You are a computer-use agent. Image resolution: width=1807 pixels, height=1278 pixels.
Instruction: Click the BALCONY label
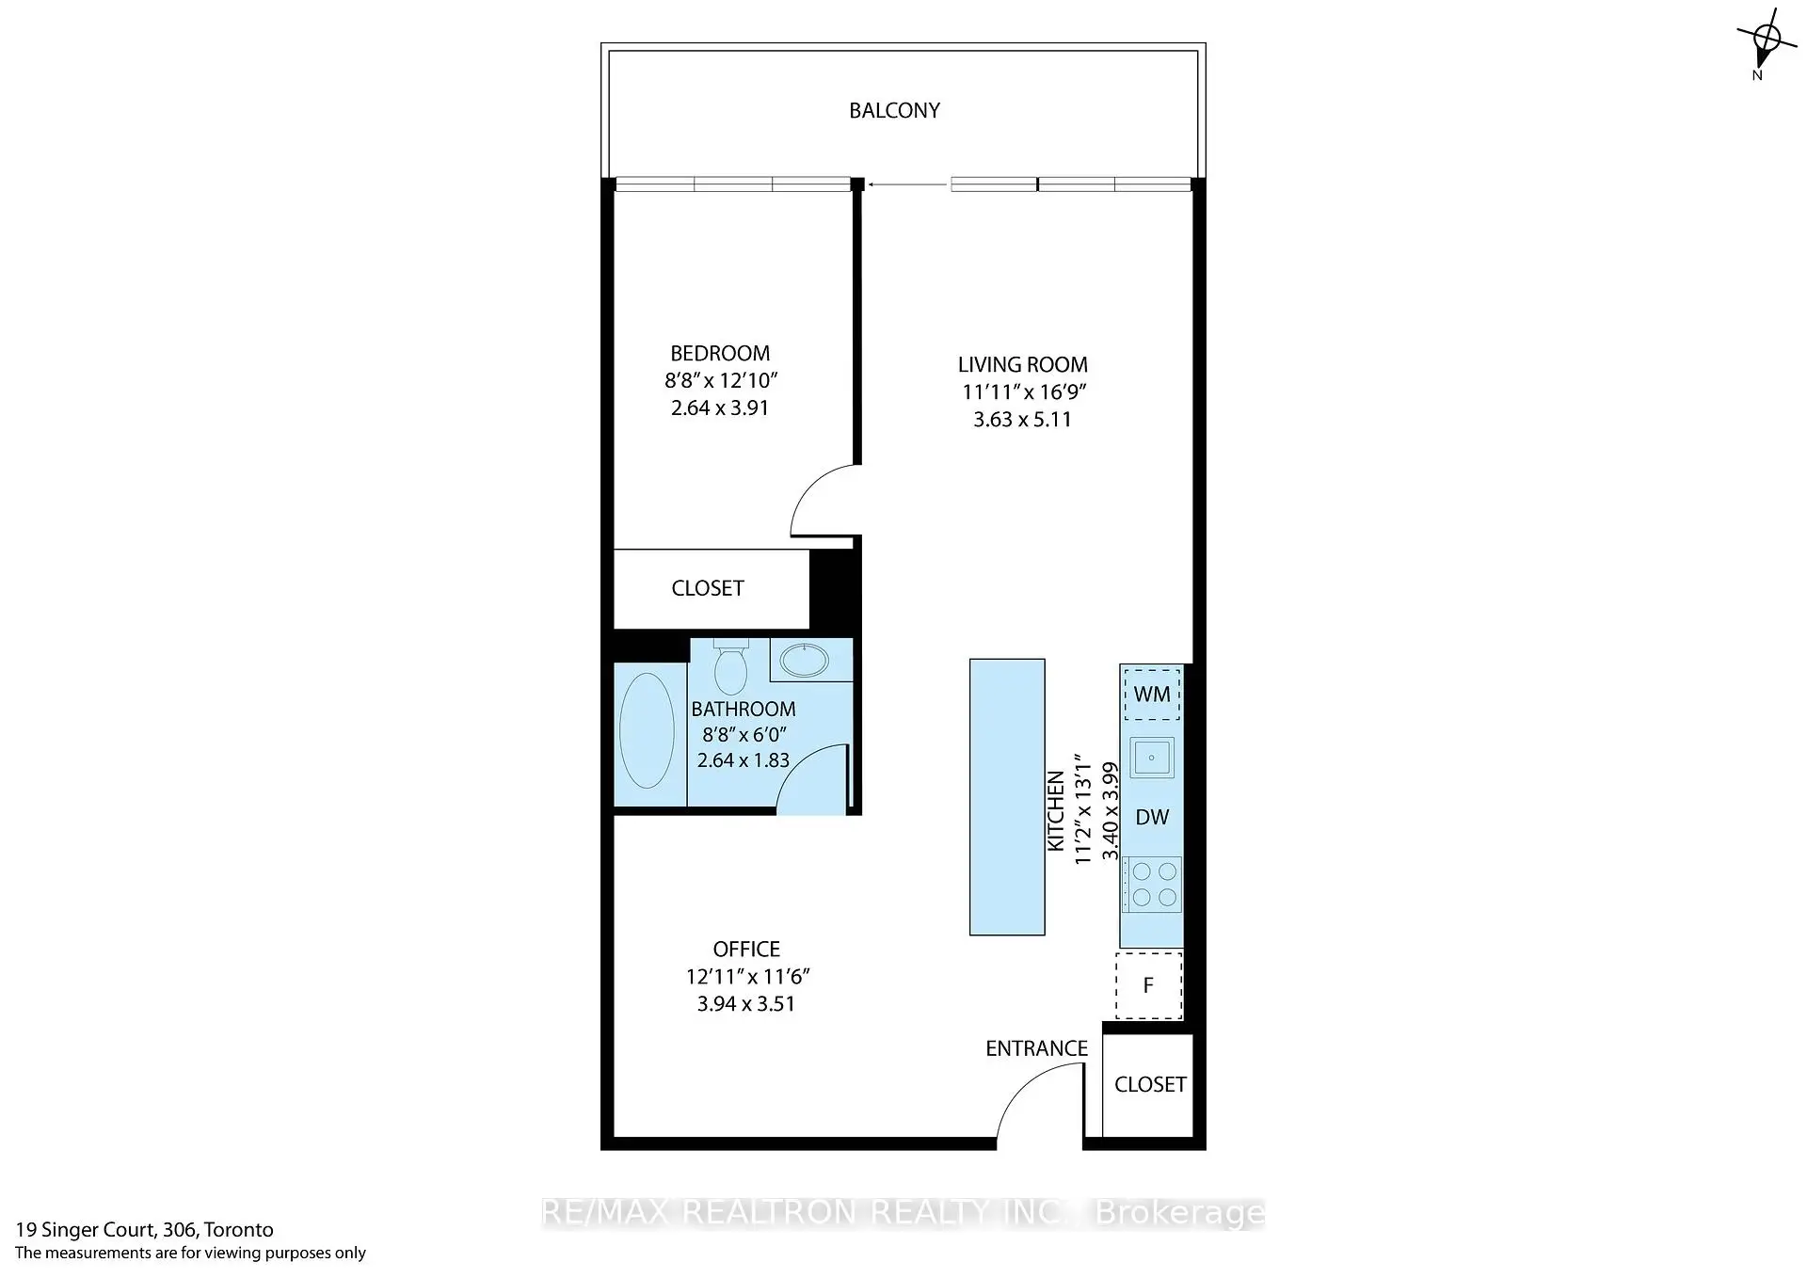coord(894,111)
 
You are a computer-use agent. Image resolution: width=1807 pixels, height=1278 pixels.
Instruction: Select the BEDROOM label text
coord(720,354)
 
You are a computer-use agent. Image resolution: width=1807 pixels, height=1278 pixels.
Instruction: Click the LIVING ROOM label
coord(1022,365)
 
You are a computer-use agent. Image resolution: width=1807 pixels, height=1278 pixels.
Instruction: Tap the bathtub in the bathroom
coord(646,731)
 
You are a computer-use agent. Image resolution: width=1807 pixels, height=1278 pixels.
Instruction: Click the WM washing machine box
coord(1152,695)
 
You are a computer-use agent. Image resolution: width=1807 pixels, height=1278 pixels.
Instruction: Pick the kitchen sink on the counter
coord(1151,758)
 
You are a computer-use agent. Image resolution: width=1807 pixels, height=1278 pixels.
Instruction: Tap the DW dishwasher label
coord(1152,817)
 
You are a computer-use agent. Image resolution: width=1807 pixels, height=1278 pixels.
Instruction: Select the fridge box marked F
coord(1148,985)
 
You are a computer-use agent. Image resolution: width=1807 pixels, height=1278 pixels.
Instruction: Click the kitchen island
coord(1007,797)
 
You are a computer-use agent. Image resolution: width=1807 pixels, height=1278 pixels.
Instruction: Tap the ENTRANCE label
coord(1036,1048)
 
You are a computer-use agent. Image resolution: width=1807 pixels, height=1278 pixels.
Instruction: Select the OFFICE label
coord(746,950)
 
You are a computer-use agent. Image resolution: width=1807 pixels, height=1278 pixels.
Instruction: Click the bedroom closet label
coord(708,588)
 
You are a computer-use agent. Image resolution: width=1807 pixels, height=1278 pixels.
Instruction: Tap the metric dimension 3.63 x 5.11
coord(1022,420)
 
